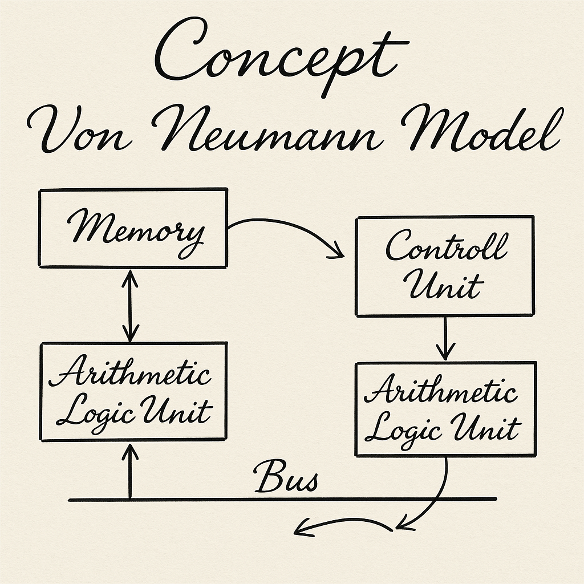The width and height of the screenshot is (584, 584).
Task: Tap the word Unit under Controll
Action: (445, 285)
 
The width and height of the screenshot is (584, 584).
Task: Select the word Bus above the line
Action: (285, 478)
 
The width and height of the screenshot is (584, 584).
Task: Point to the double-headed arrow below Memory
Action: (131, 305)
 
